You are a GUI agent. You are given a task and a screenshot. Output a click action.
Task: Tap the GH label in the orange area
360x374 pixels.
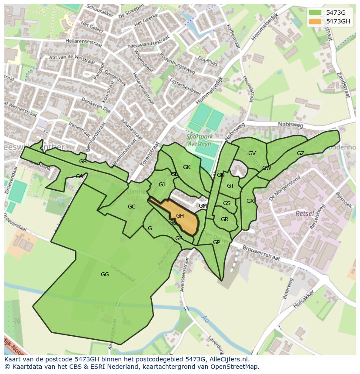[x=180, y=216]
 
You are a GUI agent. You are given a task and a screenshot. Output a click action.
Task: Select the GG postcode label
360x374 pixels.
[x=105, y=275]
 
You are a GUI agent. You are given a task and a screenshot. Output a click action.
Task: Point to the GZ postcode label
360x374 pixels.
[x=300, y=153]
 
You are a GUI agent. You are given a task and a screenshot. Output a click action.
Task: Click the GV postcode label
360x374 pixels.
[x=252, y=153]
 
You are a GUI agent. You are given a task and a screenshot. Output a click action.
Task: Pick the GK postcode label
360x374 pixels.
[x=187, y=167]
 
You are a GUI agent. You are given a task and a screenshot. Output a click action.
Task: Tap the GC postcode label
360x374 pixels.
[x=132, y=207]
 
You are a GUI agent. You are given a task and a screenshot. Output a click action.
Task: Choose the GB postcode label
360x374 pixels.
[x=83, y=162]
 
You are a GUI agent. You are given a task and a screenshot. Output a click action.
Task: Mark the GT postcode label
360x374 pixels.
[x=230, y=186]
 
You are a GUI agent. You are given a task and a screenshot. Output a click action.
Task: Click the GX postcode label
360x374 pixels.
[x=250, y=201]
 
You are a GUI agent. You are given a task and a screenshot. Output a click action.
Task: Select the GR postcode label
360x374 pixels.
[x=224, y=219]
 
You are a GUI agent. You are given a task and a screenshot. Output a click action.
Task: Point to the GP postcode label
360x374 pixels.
[x=216, y=242]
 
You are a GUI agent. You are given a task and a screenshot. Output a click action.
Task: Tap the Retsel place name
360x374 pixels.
[x=304, y=214]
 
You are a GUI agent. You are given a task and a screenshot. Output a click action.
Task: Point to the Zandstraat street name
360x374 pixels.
[x=343, y=87]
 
